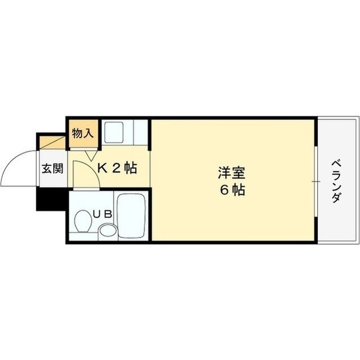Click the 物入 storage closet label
coord(83,133)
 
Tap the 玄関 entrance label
coord(52,169)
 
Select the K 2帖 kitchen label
coord(117,168)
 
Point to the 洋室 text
coord(232,173)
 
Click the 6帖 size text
coord(232,190)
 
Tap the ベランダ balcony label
coord(336,181)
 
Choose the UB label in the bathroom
coord(102,214)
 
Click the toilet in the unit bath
coord(83,221)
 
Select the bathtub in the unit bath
coord(131,216)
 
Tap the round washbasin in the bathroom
coord(108,230)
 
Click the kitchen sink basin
coord(114,132)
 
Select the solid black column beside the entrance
coord(51,199)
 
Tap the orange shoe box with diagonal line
coord(52,142)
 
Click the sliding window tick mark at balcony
coord(316,182)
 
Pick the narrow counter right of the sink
coord(140,132)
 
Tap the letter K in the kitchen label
coord(102,169)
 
